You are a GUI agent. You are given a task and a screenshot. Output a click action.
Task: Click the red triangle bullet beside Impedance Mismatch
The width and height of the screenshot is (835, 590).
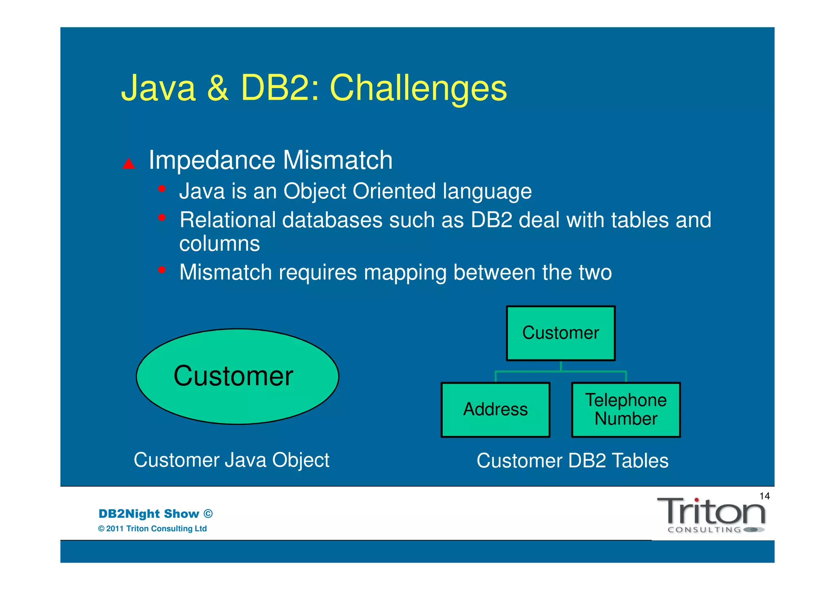click(129, 164)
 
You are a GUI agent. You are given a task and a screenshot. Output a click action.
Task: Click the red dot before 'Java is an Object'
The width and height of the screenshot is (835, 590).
click(162, 189)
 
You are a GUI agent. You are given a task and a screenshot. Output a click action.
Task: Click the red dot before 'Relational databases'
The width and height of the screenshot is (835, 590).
click(162, 218)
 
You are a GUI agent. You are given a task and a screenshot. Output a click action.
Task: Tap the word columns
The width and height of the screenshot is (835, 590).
click(219, 244)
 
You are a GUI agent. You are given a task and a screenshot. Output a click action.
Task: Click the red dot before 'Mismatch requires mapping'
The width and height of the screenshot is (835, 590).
click(162, 270)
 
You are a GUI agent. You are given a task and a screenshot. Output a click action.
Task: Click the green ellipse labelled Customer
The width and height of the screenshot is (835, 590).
click(237, 376)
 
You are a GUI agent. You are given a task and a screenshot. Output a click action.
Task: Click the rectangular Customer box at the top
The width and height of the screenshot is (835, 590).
click(561, 333)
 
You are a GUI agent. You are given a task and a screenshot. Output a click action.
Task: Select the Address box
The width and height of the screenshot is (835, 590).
click(495, 409)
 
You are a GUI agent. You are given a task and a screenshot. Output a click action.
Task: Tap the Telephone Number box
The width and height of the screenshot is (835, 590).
click(626, 409)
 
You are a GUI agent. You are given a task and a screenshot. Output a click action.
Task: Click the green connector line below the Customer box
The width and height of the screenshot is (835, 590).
click(561, 371)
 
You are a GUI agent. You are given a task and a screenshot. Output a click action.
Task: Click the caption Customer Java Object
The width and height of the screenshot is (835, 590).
click(231, 460)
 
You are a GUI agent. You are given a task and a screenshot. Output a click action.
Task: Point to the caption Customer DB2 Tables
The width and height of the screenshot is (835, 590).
click(572, 461)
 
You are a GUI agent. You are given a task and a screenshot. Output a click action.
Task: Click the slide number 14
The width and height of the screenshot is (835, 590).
click(764, 496)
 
